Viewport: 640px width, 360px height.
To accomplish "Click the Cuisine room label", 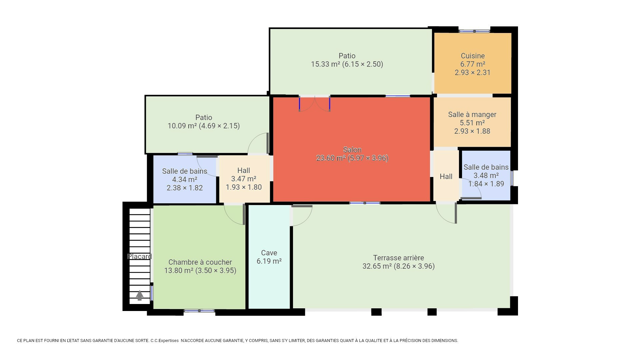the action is (473, 56).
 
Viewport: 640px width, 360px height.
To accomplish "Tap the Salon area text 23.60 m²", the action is (331, 158).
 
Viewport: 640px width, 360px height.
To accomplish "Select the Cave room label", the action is (269, 253).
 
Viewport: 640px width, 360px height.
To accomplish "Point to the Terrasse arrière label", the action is (398, 258).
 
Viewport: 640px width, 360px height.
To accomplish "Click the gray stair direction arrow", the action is (140, 295).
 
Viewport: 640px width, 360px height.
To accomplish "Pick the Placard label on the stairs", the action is (140, 257).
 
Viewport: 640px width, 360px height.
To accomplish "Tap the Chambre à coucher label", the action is (200, 262).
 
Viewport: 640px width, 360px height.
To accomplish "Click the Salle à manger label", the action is (472, 115).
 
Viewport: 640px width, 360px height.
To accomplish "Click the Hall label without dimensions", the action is (446, 177).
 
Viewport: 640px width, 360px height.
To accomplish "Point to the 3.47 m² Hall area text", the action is (244, 179).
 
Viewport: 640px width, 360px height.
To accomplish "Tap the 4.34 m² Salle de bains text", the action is (185, 180).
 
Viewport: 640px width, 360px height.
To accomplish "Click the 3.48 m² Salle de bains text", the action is (486, 176).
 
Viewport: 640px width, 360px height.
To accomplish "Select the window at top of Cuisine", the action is (474, 31).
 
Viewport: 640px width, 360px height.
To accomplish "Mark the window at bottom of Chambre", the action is (199, 311).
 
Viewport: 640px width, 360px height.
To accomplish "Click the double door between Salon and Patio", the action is (315, 104).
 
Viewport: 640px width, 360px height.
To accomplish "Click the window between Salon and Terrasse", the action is (365, 203).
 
